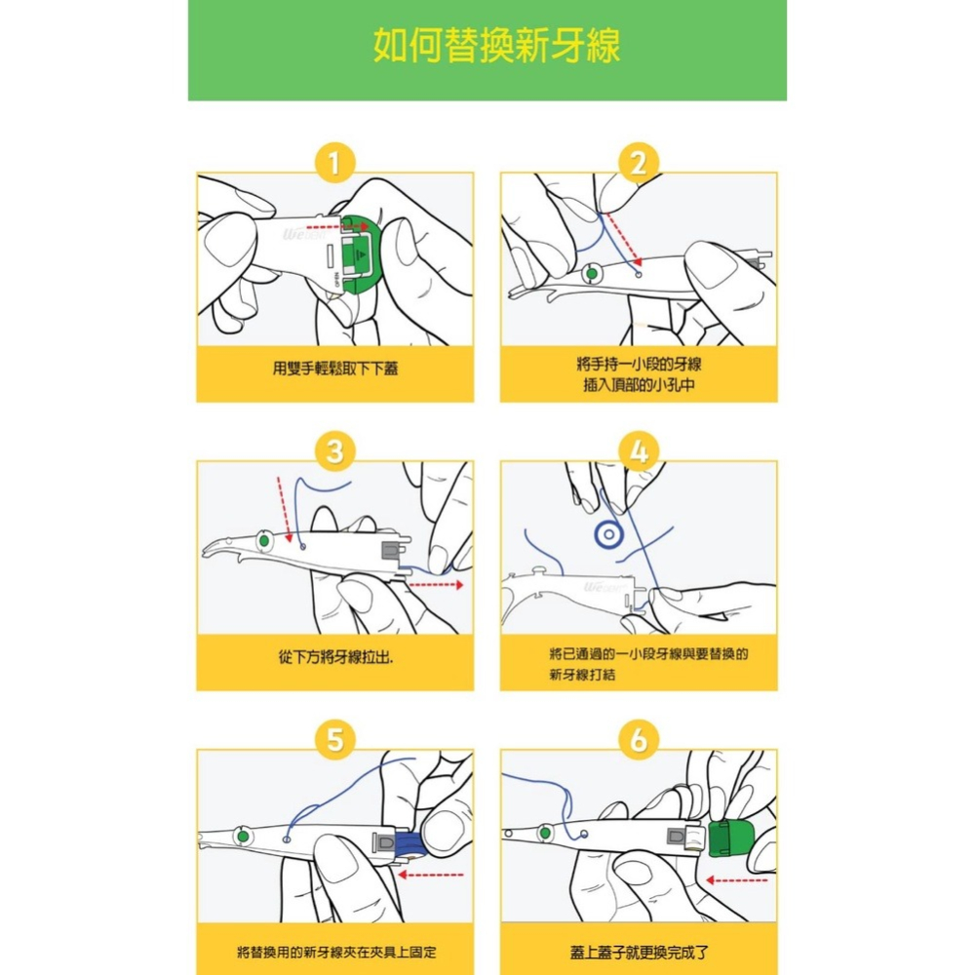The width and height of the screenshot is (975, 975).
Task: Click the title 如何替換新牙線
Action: click(x=496, y=47)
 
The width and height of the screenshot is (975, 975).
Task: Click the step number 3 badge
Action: click(x=334, y=452)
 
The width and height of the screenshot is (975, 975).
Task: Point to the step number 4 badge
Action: click(x=639, y=452)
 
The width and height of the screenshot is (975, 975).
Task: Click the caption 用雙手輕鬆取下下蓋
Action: click(x=334, y=369)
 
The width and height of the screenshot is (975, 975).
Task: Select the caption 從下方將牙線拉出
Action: click(x=334, y=659)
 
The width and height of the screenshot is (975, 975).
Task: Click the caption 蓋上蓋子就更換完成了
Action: click(x=639, y=951)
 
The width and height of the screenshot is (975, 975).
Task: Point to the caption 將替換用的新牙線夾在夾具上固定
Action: click(x=334, y=951)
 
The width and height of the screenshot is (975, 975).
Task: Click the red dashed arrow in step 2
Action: click(x=622, y=237)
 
